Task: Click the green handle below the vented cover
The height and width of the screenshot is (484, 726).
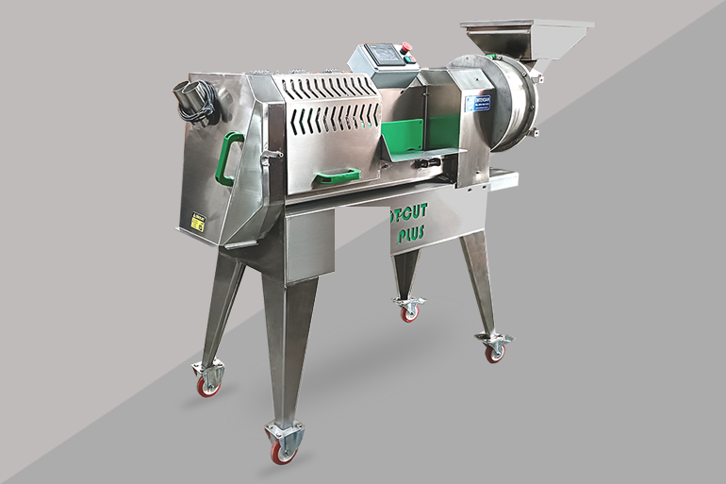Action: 337,175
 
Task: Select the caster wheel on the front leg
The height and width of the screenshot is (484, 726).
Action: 283,451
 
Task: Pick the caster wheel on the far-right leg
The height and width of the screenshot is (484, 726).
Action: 494,351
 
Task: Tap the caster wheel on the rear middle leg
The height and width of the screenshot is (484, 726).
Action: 409,312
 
